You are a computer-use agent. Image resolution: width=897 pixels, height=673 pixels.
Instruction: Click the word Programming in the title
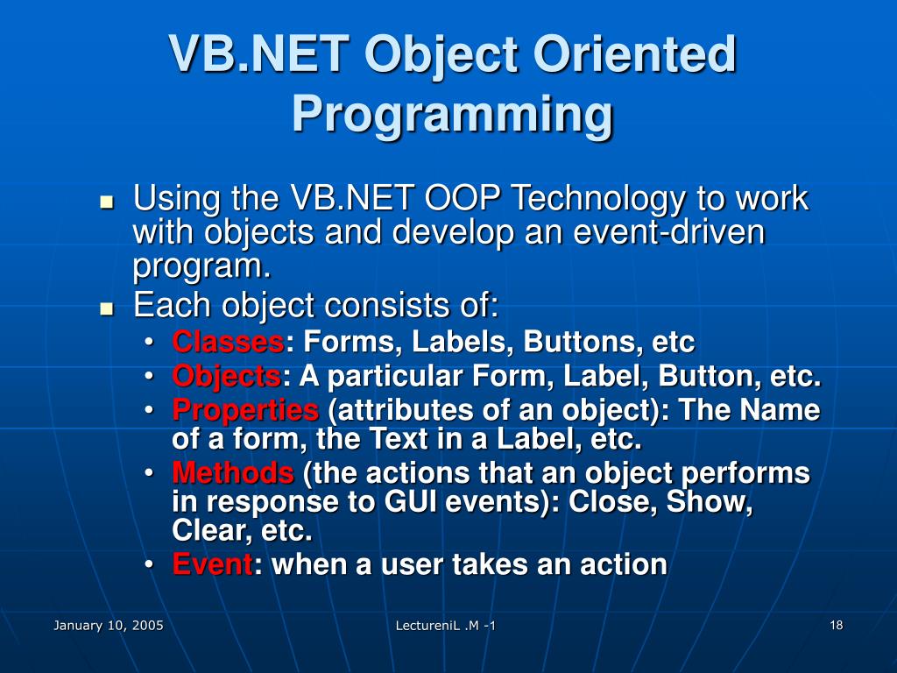pos(452,114)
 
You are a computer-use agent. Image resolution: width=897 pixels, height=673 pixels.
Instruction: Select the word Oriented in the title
pos(636,54)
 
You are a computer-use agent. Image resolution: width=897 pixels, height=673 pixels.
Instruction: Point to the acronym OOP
pos(463,199)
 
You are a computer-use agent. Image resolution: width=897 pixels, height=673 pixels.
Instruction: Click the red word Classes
pos(227,341)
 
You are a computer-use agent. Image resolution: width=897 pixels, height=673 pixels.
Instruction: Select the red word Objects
pos(226,377)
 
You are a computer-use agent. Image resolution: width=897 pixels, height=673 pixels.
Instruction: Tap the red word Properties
pos(245,410)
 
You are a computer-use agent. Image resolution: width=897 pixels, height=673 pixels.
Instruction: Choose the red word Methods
pos(233,473)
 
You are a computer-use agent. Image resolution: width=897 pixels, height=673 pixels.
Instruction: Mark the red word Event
pos(213,564)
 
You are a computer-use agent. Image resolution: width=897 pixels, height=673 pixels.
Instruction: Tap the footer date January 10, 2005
pos(109,625)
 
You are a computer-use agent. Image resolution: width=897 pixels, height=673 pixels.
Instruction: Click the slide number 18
pos(836,625)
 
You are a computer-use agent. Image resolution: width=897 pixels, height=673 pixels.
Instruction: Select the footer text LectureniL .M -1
pos(446,625)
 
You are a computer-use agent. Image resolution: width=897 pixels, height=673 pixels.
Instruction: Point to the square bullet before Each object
pos(108,308)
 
